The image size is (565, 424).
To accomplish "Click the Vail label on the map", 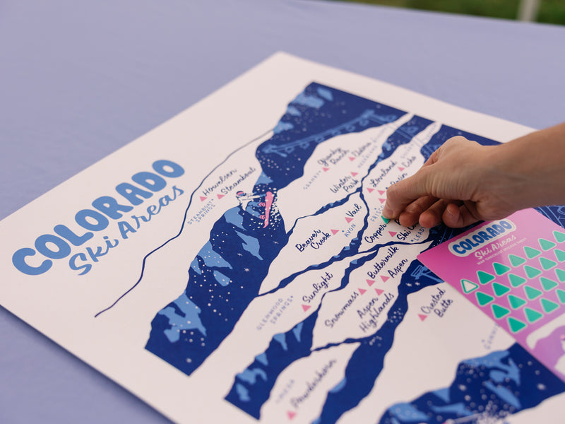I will click(354, 211).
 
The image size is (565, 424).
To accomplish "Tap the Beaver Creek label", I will click(313, 240).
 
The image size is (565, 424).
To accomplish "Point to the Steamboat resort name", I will click(238, 180).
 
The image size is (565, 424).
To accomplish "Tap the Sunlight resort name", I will click(318, 287).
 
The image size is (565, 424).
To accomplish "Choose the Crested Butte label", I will click(436, 302).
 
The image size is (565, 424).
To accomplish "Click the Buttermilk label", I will click(383, 261).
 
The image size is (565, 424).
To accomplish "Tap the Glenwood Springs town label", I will click(275, 312).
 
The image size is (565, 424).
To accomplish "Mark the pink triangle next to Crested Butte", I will click(423, 317).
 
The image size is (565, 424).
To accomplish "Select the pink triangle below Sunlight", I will click(306, 307).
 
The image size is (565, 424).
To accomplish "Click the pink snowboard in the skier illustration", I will click(268, 209).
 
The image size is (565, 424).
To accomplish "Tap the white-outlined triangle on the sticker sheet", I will click(469, 286).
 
